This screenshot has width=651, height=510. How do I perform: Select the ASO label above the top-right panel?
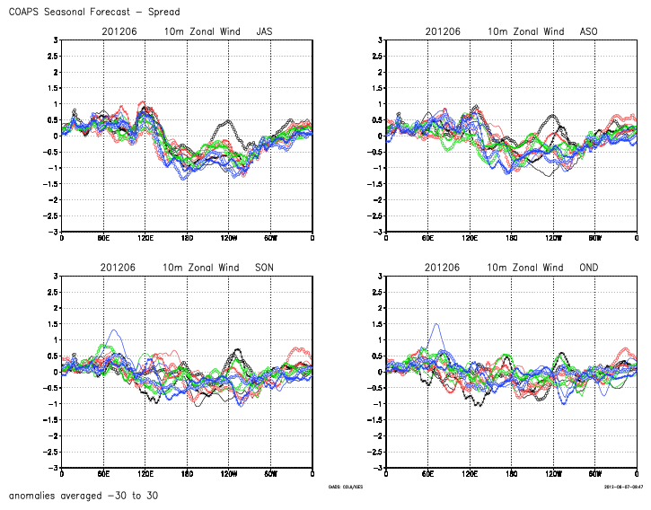pos(589,31)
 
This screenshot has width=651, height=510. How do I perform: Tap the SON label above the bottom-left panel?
pos(265,268)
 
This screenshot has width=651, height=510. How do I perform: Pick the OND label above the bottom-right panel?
pos(589,268)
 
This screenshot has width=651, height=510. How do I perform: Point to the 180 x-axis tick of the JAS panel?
pos(187,240)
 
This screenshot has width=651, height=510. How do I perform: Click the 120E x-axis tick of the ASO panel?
pos(470,240)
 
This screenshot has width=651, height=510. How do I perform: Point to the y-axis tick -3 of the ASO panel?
pos(378,232)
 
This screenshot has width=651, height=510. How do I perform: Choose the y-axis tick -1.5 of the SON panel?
pos(51,420)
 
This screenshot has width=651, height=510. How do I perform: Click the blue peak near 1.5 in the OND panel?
pos(436,324)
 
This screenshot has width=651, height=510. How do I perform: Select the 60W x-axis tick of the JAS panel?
pos(271,240)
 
